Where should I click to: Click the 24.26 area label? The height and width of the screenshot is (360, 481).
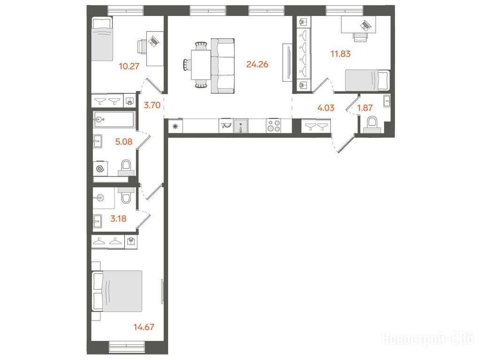pyautogui.click(x=257, y=64)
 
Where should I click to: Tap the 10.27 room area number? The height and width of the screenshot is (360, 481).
pyautogui.click(x=129, y=66)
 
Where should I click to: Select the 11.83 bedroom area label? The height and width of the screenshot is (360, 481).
pyautogui.click(x=341, y=54)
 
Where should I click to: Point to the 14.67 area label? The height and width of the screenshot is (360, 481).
pyautogui.click(x=144, y=327)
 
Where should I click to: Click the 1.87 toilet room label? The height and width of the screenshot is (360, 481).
pyautogui.click(x=365, y=108)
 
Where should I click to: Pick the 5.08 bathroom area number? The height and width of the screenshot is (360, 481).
pyautogui.click(x=124, y=142)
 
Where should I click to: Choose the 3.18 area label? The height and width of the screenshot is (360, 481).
pyautogui.click(x=118, y=219)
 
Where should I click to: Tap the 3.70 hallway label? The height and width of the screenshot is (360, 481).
pyautogui.click(x=152, y=105)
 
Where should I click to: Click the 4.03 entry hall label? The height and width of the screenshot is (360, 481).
pyautogui.click(x=326, y=108)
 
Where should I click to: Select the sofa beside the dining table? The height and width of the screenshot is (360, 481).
pyautogui.click(x=223, y=66)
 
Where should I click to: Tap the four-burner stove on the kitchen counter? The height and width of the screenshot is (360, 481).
pyautogui.click(x=274, y=126)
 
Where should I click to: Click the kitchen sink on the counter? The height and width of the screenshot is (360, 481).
pyautogui.click(x=241, y=126)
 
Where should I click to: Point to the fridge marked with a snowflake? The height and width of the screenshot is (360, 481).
pyautogui.click(x=176, y=126)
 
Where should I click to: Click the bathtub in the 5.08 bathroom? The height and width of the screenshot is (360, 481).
pyautogui.click(x=114, y=120)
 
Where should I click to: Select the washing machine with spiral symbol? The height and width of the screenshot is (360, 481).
pyautogui.click(x=101, y=169)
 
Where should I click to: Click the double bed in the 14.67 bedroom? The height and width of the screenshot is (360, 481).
pyautogui.click(x=117, y=291)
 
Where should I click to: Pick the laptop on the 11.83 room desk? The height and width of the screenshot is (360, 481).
pyautogui.click(x=365, y=25)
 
